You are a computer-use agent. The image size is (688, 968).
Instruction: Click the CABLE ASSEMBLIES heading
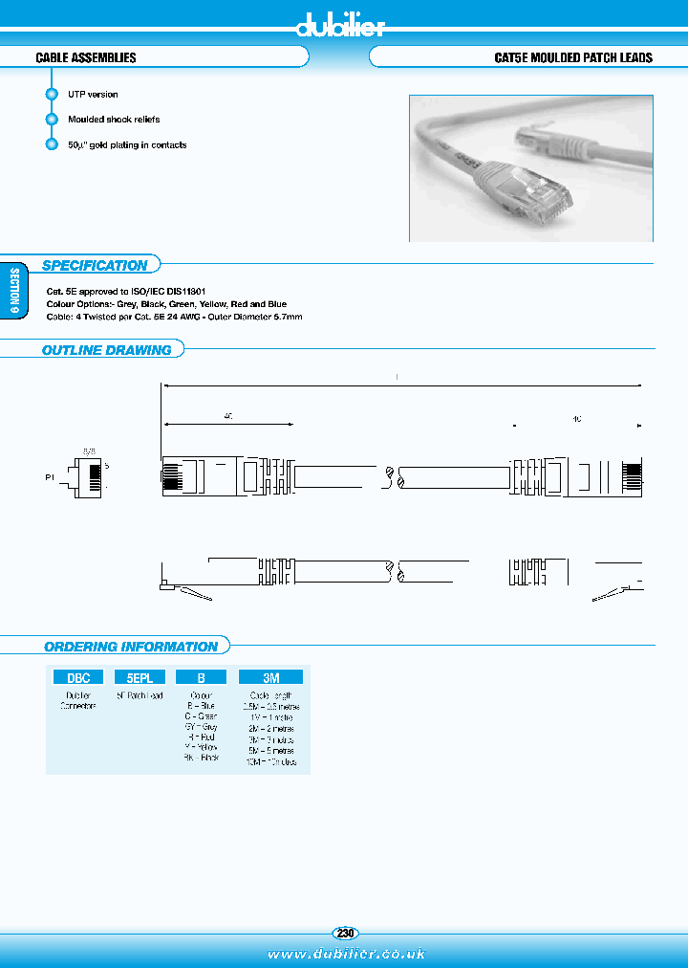[86, 58]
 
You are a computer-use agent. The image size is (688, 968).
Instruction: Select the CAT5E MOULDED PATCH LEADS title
[572, 58]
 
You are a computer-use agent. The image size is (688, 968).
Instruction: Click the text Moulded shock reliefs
[114, 120]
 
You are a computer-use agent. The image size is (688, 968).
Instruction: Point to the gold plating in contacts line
[127, 145]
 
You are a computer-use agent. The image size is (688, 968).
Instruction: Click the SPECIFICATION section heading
[95, 266]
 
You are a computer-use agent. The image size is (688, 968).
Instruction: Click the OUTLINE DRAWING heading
[106, 350]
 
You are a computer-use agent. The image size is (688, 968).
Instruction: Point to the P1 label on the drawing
[50, 475]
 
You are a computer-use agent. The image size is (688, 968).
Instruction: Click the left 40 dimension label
[228, 417]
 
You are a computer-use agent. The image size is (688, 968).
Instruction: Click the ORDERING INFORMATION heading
[131, 647]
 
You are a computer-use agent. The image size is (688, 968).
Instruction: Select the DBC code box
[77, 676]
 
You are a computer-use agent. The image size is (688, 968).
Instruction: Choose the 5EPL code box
[140, 676]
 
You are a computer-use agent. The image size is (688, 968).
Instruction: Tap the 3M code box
[271, 676]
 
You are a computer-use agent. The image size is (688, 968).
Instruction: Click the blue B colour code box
[201, 676]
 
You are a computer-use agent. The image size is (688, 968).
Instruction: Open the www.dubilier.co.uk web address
[345, 954]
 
